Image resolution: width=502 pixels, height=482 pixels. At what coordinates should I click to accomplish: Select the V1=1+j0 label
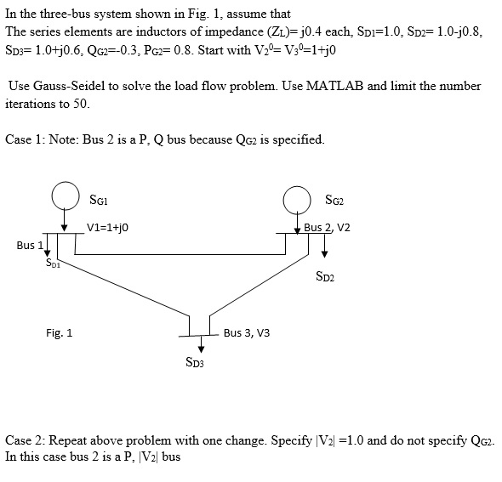[x=106, y=227]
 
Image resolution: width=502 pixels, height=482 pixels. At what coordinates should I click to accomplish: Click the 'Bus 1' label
[x=29, y=245]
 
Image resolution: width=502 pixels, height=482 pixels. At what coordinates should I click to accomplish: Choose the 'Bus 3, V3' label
[x=247, y=332]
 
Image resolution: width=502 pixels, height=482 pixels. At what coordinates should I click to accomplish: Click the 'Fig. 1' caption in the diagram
[x=60, y=332]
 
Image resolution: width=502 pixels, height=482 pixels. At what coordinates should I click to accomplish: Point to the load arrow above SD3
[x=201, y=343]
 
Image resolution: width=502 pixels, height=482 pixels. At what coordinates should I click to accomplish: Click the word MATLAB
[x=337, y=86]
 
